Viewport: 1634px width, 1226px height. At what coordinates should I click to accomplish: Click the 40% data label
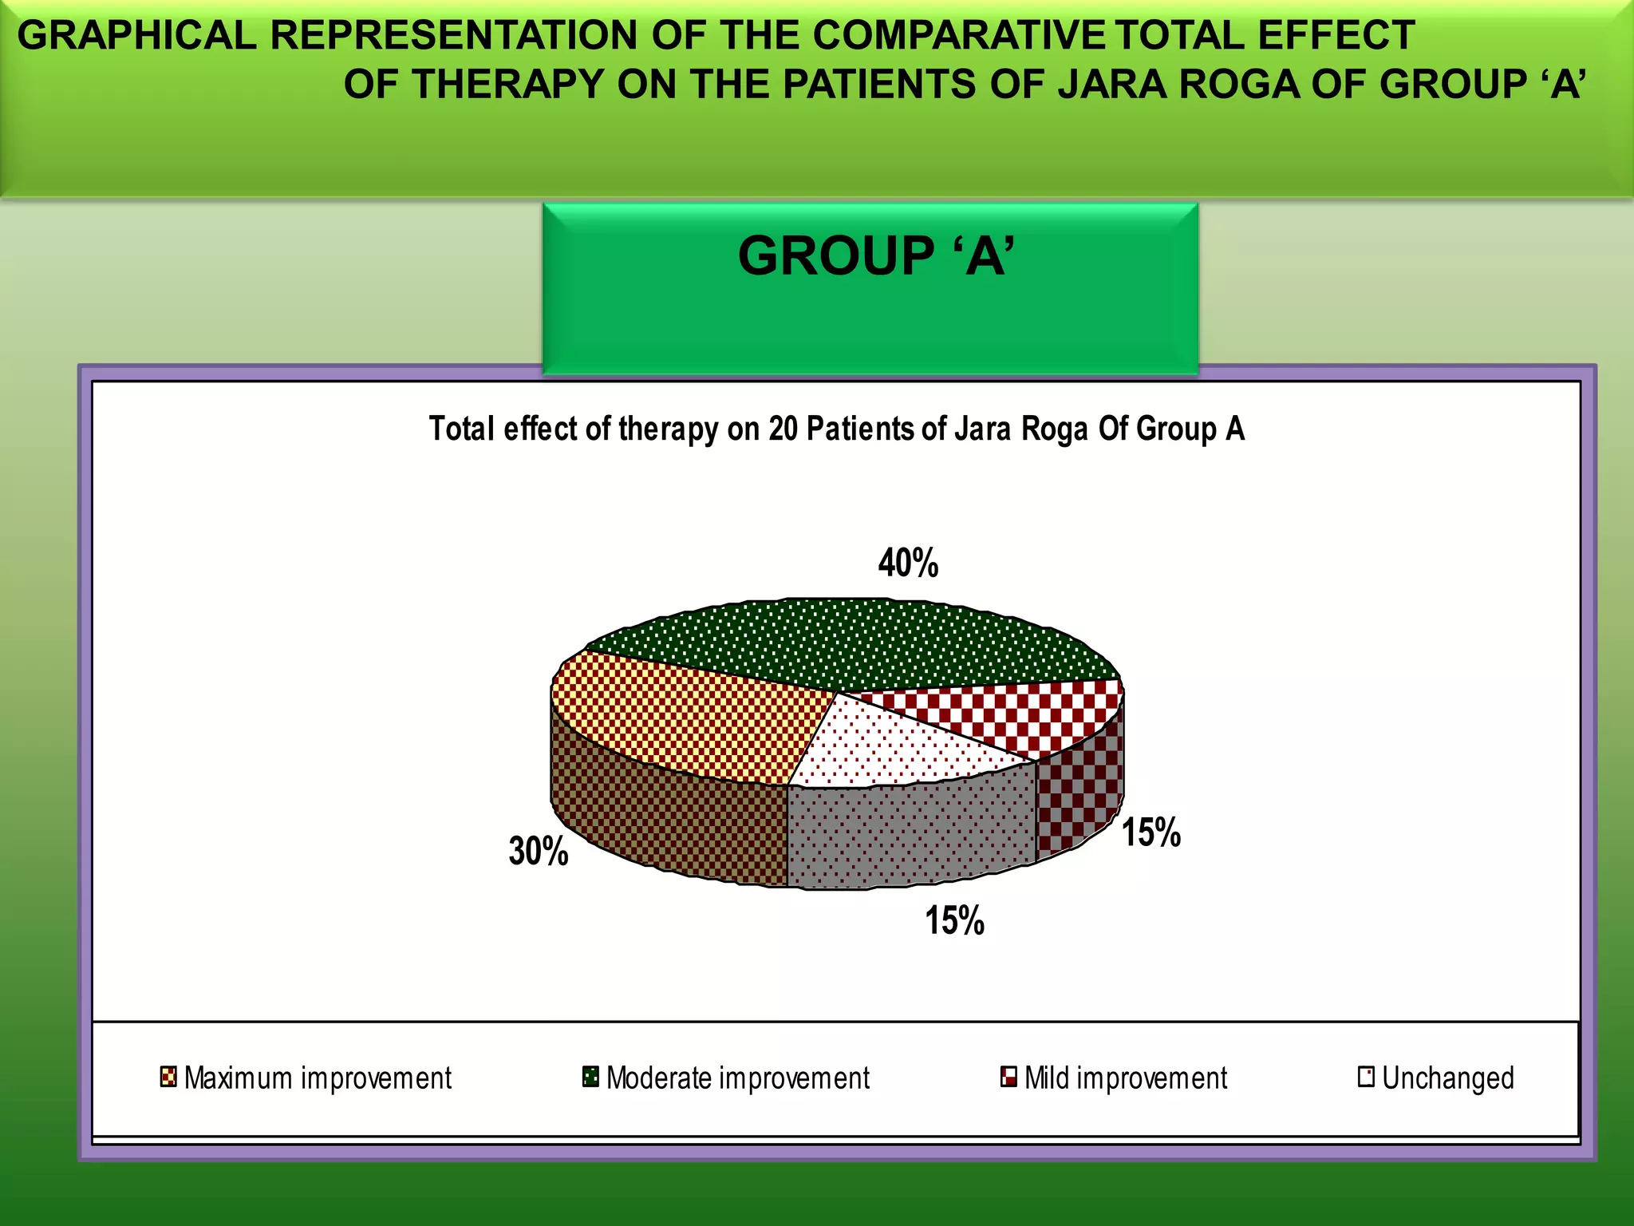click(908, 563)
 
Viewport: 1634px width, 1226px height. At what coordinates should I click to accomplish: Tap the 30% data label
click(539, 851)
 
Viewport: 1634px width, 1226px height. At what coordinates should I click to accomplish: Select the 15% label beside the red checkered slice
click(1151, 832)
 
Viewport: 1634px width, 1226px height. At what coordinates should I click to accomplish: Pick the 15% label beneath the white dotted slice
click(954, 920)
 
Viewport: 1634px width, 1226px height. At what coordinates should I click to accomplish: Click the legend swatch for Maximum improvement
click(168, 1077)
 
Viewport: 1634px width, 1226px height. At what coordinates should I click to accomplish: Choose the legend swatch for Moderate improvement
click(590, 1077)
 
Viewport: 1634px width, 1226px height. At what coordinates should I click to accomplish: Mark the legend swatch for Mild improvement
click(1008, 1077)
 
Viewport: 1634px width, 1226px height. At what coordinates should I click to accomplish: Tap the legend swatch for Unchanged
click(1366, 1077)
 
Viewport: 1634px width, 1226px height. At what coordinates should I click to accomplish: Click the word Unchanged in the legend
click(1447, 1078)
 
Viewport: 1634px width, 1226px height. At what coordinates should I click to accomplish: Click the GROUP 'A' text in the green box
click(876, 256)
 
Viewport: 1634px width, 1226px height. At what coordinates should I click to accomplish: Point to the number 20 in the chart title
click(783, 429)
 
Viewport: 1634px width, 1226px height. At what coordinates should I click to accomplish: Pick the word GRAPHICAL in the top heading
click(136, 36)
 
